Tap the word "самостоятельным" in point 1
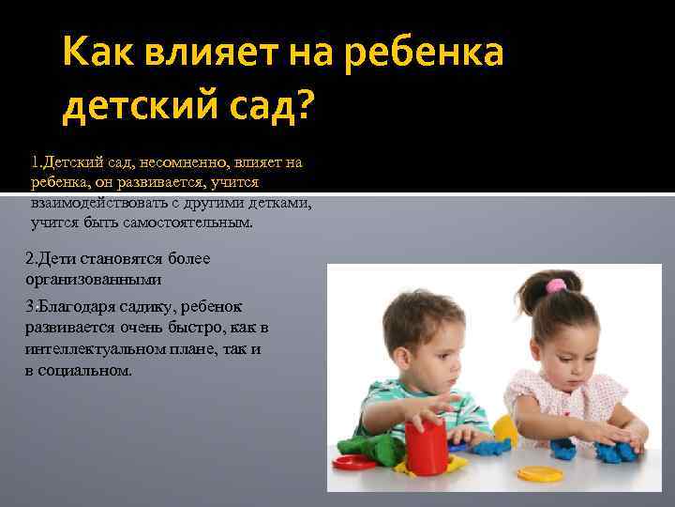(x=192, y=223)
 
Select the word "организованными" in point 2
(x=94, y=279)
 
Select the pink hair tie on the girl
(x=557, y=284)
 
